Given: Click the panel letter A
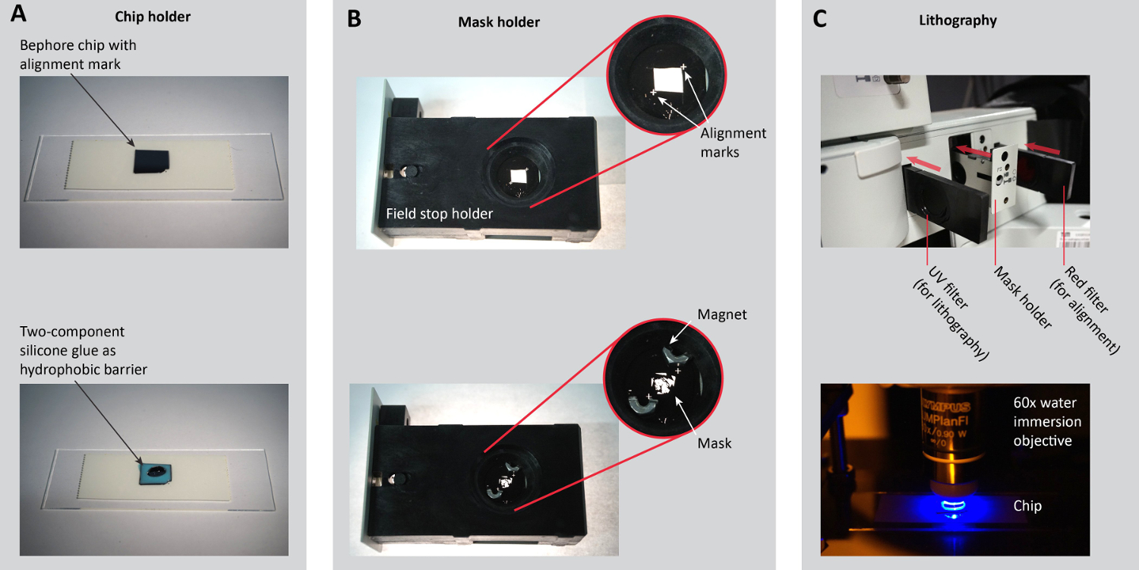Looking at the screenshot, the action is pos(18,13).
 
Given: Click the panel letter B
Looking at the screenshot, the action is pos(354,19).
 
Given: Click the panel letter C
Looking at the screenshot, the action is pos(819,19).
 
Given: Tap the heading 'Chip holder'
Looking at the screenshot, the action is pos(153,17).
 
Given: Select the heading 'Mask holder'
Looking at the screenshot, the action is pos(499,22).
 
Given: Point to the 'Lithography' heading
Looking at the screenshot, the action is pos(958,21).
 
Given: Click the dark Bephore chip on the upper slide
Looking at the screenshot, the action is pos(151,161).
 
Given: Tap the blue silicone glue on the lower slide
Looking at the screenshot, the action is pos(155,474).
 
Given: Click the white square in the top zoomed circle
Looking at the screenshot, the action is pos(668,80).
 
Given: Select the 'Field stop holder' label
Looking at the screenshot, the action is pos(440,214).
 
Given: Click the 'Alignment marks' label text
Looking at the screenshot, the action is pos(733,143).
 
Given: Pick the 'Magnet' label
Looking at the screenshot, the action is pos(721,315).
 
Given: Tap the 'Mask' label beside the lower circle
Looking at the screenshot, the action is pos(714,443).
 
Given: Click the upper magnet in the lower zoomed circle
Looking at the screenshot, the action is pos(675,355).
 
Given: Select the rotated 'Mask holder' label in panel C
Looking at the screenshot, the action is pos(1023,297).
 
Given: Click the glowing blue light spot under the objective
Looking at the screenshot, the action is pos(954,506).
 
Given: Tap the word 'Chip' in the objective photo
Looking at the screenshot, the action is pos(1027,506).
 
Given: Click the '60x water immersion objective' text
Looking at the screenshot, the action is pos(1047,422).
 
